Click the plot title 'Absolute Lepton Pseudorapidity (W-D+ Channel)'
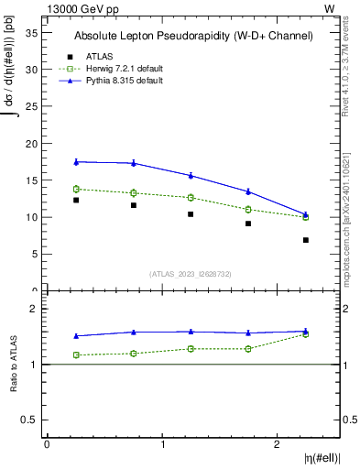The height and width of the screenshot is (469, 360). [193, 36]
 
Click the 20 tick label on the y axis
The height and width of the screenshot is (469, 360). [31, 144]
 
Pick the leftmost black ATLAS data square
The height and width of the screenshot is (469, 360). [76, 200]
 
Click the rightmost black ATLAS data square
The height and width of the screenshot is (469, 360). [306, 240]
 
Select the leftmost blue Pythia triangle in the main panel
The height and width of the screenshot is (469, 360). [76, 161]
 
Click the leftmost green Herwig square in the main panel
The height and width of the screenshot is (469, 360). [76, 189]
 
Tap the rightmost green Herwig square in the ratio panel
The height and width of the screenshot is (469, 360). [306, 334]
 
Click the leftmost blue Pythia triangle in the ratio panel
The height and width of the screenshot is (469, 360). [76, 336]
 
